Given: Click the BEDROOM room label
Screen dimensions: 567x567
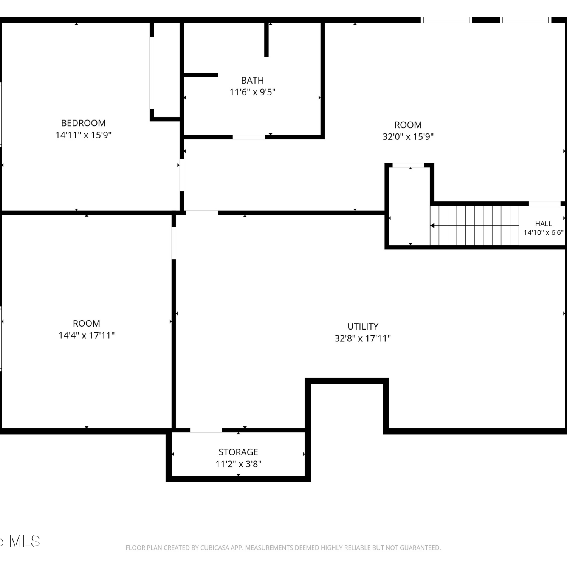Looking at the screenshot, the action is point(83,123).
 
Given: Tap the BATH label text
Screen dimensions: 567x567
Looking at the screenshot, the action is point(253,80).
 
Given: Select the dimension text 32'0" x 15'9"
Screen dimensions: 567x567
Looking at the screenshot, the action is point(408,136).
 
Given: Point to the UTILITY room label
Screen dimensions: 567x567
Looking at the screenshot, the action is point(363,326).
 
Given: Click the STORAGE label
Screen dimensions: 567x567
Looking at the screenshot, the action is point(238,452).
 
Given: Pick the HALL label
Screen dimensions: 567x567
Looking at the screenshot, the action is point(544,223).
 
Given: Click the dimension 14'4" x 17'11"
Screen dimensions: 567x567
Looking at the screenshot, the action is point(87,335).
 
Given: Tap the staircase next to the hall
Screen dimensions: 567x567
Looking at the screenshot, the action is point(474,225).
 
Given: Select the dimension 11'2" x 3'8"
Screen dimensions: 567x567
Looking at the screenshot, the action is point(238,464).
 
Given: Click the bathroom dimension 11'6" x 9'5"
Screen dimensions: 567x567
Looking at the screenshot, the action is point(253,92).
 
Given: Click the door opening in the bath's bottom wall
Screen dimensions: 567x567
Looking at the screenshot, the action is point(249,137).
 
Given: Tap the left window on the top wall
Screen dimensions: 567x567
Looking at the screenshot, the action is point(446,20).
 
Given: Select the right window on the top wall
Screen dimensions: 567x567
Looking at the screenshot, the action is point(526,20).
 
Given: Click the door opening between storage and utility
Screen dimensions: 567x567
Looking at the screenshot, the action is point(206,430).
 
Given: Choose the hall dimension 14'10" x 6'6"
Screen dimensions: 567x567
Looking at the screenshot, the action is point(544,232).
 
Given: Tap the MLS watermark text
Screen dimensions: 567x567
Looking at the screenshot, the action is point(25,541).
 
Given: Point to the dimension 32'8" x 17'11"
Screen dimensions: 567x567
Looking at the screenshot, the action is point(363,338).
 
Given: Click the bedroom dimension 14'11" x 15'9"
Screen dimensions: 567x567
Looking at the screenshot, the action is point(83,135).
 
